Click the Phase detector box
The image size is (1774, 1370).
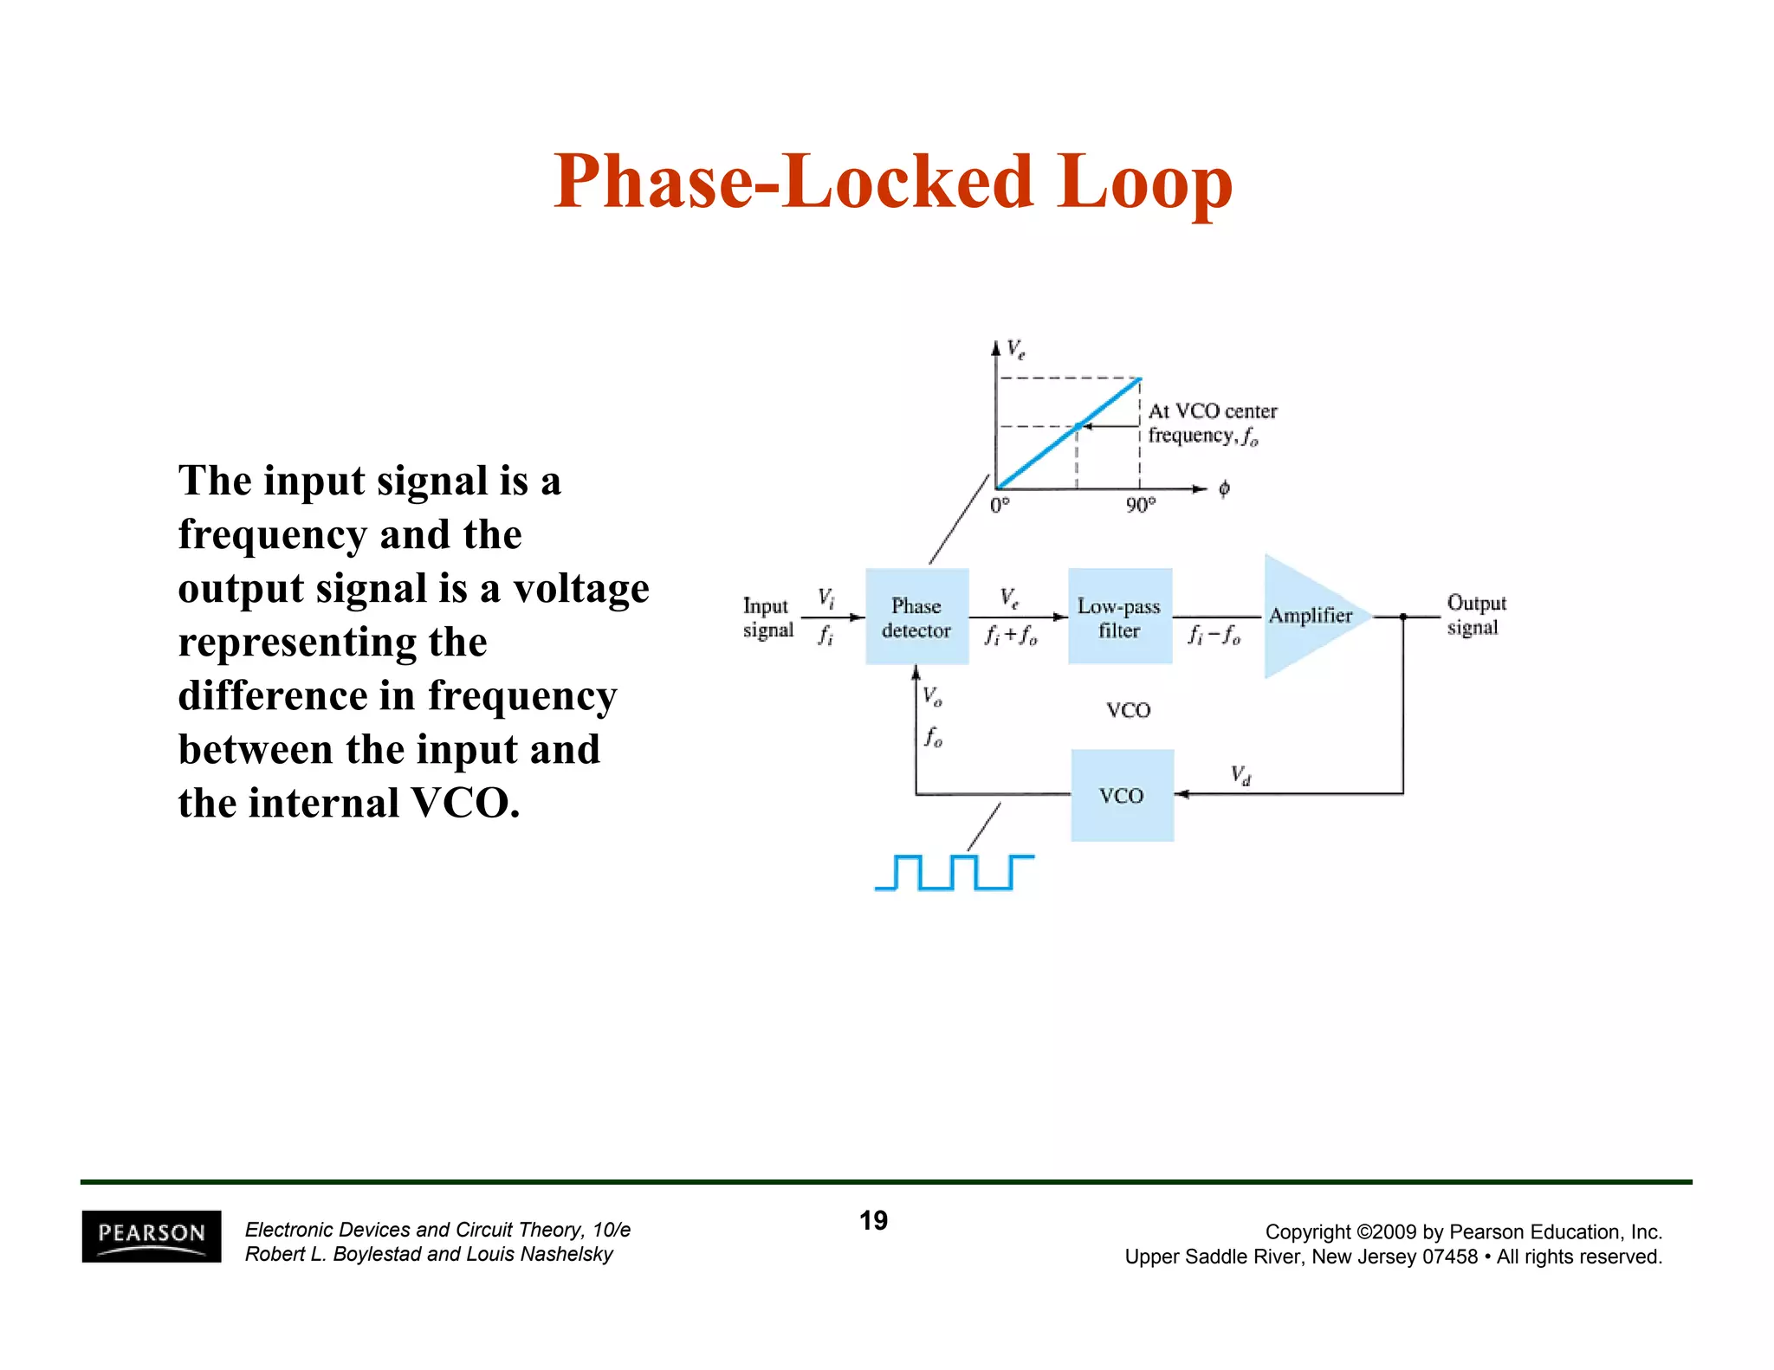916,617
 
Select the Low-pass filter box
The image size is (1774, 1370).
1119,617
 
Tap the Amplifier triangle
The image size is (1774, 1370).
1308,617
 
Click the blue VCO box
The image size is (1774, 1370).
1122,795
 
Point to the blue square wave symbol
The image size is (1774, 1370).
954,872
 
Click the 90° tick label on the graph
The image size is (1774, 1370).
1140,505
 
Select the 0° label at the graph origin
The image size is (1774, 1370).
1000,505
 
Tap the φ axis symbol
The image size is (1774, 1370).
1223,489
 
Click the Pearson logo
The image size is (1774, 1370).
152,1236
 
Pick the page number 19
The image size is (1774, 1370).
873,1220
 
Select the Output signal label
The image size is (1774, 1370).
1475,615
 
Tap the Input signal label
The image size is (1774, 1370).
767,617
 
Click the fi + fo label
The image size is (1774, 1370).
1010,637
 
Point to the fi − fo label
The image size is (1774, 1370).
1214,637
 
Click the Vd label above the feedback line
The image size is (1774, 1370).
1240,774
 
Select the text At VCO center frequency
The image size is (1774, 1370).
1212,423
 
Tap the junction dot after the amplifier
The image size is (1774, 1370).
1402,617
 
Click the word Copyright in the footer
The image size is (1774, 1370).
1307,1231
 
